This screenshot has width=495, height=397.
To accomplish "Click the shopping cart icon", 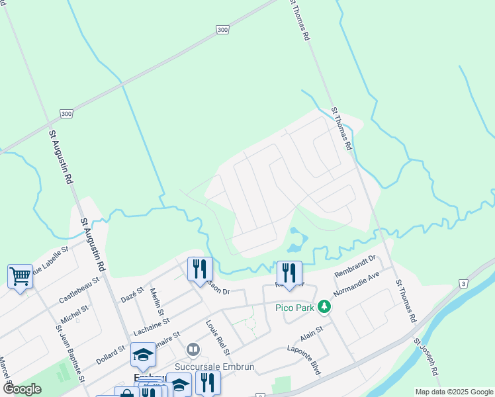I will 20,276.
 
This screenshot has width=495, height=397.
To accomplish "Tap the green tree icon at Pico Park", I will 324,306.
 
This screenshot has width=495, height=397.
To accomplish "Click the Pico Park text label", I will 295,308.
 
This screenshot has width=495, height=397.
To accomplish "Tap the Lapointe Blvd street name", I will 304,360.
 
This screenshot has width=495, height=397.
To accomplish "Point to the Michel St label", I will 74,310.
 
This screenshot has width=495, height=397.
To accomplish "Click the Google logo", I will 22,390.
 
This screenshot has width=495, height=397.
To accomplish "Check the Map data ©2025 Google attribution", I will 453,392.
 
